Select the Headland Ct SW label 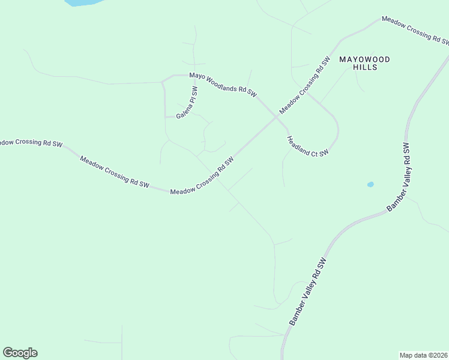click(307, 146)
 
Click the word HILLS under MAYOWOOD click(366, 68)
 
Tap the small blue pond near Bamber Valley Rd click(370, 184)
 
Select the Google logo click(20, 353)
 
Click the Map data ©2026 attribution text click(424, 355)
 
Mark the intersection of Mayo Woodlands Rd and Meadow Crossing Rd click(276, 117)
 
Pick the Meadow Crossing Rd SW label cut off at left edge click(30, 143)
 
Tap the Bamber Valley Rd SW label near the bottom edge click(307, 292)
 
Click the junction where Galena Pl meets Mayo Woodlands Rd click(193, 76)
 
